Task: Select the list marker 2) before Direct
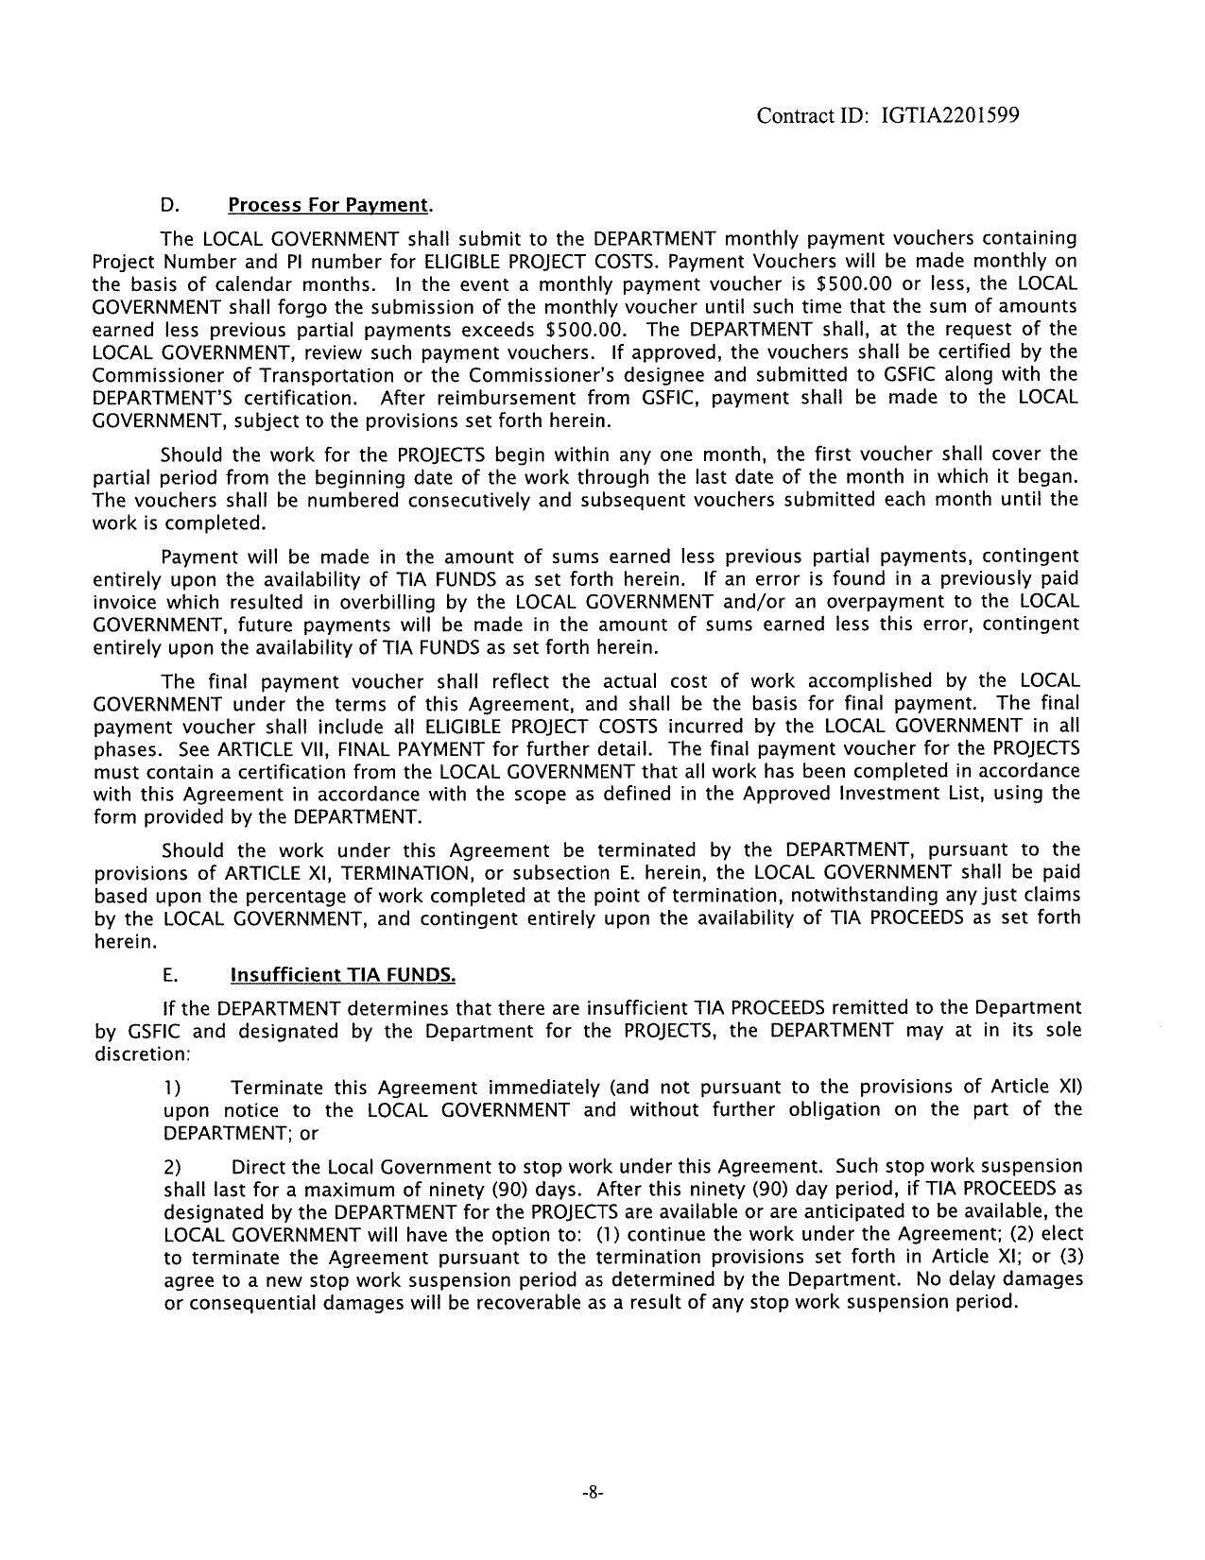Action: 172,1167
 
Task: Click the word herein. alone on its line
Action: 122,941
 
